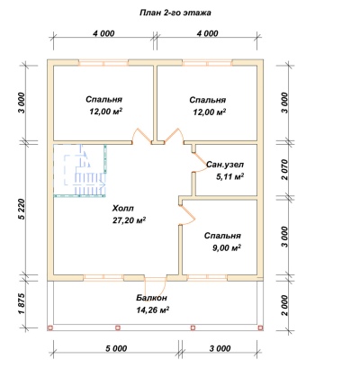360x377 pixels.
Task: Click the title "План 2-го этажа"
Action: [175, 13]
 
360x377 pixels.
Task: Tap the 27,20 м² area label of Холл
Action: [128, 220]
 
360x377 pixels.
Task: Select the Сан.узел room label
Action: [225, 165]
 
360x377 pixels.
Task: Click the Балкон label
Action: [151, 298]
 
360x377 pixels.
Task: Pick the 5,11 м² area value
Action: [229, 176]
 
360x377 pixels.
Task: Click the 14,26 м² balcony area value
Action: [152, 310]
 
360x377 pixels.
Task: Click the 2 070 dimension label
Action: [284, 169]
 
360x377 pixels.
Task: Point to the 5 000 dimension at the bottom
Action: [116, 348]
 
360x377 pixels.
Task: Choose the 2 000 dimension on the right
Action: [284, 305]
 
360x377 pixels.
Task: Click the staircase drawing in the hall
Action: [85, 169]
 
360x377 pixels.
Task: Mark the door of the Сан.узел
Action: [199, 162]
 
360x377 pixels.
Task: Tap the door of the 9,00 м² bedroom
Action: [188, 214]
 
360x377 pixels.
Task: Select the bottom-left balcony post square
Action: [50, 328]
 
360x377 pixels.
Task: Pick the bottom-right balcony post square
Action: [260, 328]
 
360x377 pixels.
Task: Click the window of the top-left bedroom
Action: [103, 63]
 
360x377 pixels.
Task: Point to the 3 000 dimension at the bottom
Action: [220, 348]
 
